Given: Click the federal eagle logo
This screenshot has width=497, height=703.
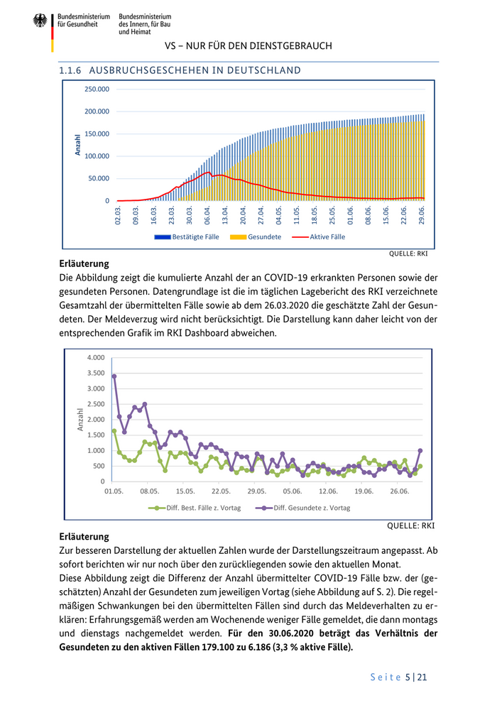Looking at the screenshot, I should click(40, 21).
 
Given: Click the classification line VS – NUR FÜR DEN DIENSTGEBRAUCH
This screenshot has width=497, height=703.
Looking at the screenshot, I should click(248, 46).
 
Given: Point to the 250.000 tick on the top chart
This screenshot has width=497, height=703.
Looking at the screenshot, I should click(97, 89).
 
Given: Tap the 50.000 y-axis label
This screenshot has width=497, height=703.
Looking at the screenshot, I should click(99, 178).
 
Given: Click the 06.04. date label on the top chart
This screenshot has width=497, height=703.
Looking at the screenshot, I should click(207, 215).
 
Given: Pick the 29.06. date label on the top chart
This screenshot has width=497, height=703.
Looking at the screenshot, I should click(422, 215).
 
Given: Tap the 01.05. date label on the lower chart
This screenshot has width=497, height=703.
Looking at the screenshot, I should click(114, 491).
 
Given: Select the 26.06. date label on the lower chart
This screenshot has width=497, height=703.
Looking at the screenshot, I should click(400, 491).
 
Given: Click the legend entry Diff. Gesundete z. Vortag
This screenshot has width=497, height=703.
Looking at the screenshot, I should click(312, 508).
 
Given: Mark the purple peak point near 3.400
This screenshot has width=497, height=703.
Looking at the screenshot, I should click(114, 376).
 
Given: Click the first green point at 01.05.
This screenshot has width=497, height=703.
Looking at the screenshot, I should click(114, 431).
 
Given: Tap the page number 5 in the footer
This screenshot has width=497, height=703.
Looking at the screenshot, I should click(408, 677).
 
